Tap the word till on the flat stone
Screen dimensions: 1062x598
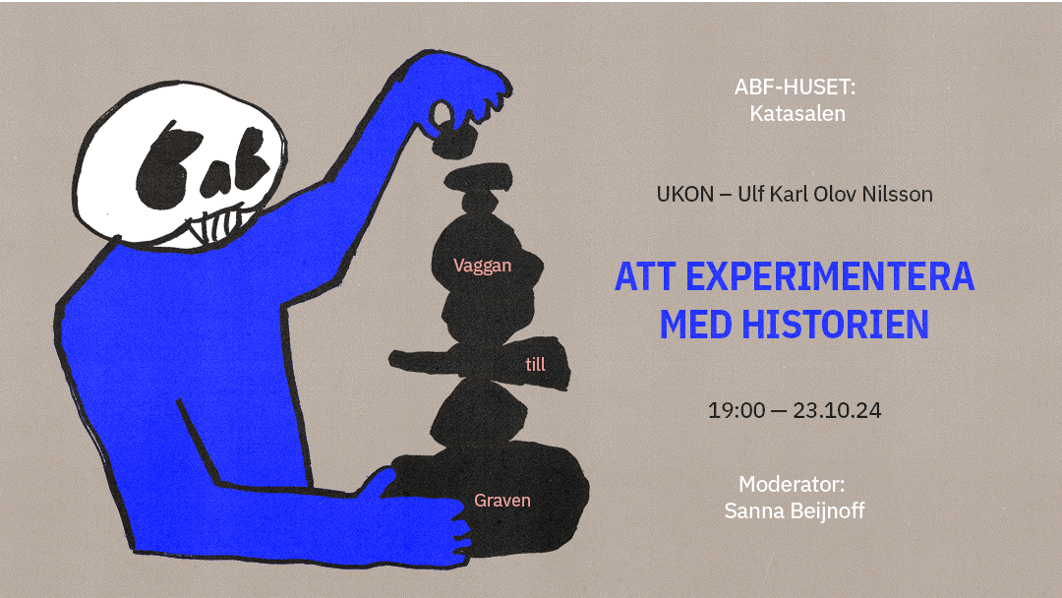coord(535,364)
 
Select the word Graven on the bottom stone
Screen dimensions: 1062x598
coord(501,501)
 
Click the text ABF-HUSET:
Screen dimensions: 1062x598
coord(796,87)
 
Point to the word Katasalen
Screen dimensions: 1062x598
coord(797,113)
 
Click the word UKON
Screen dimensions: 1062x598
coord(684,195)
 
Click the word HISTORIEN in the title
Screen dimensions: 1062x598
coord(835,325)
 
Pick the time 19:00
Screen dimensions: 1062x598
coord(737,410)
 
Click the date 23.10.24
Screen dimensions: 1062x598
coord(837,410)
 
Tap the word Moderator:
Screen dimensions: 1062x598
coord(792,484)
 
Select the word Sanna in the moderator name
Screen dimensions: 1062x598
coord(752,509)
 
